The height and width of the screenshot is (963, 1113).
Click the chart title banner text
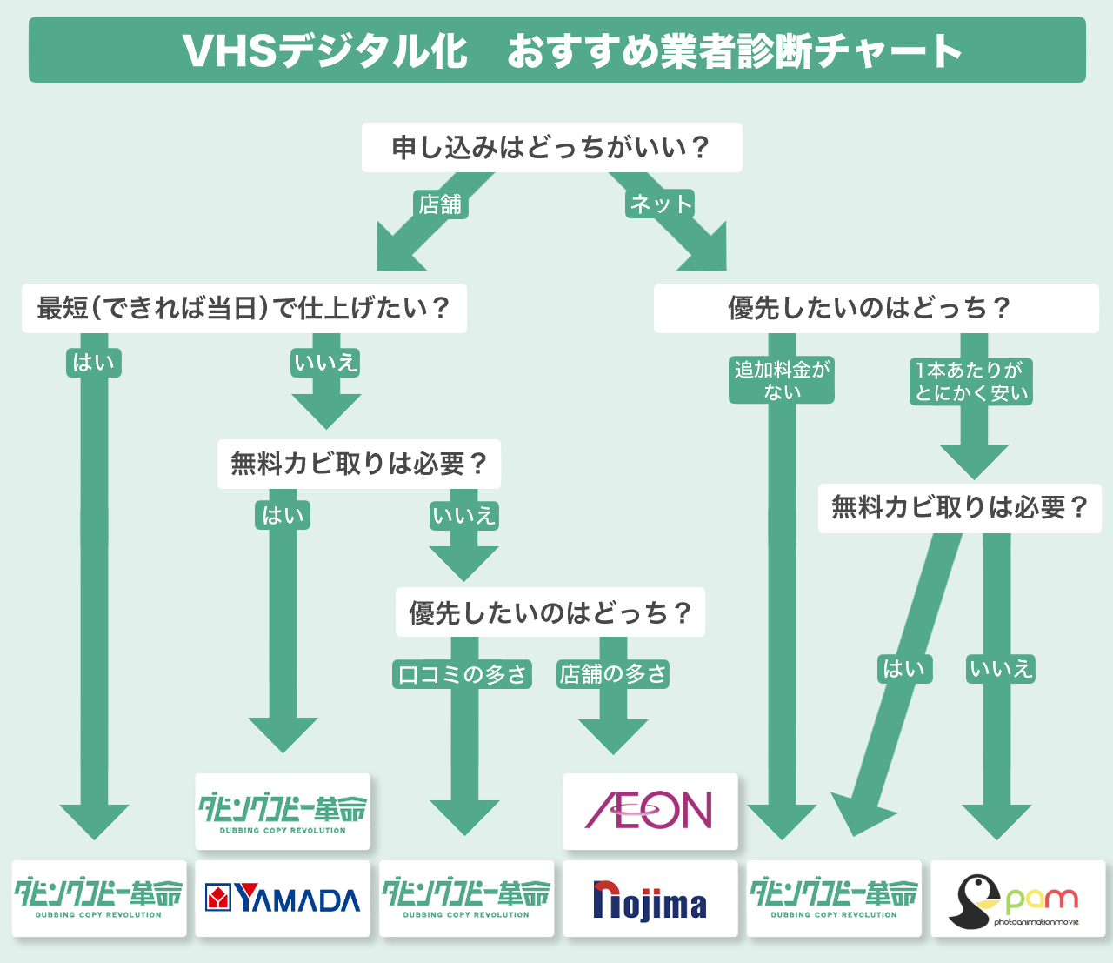click(572, 50)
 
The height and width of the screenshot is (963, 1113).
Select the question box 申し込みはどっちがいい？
click(551, 147)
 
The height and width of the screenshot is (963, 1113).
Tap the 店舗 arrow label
click(440, 204)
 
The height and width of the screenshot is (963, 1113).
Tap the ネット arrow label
click(661, 204)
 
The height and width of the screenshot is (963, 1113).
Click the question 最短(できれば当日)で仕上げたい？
click(243, 308)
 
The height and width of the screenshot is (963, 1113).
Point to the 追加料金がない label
click(782, 380)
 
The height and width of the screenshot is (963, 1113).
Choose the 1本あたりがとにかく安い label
click(971, 381)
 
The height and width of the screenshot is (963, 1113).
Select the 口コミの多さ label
click(462, 674)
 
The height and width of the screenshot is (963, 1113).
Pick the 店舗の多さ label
click(613, 674)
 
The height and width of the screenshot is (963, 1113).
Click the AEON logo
click(650, 811)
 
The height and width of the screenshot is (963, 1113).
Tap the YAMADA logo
click(282, 899)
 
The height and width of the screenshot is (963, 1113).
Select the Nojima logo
click(650, 899)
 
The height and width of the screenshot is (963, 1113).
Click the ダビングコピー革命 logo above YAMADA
click(282, 811)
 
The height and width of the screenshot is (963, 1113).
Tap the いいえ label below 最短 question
click(326, 363)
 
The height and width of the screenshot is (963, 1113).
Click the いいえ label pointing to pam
click(1001, 669)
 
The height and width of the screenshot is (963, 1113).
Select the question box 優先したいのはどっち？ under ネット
click(876, 308)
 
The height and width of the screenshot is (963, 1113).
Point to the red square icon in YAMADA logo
click(218, 898)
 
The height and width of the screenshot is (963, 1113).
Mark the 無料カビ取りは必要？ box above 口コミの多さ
click(358, 464)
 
